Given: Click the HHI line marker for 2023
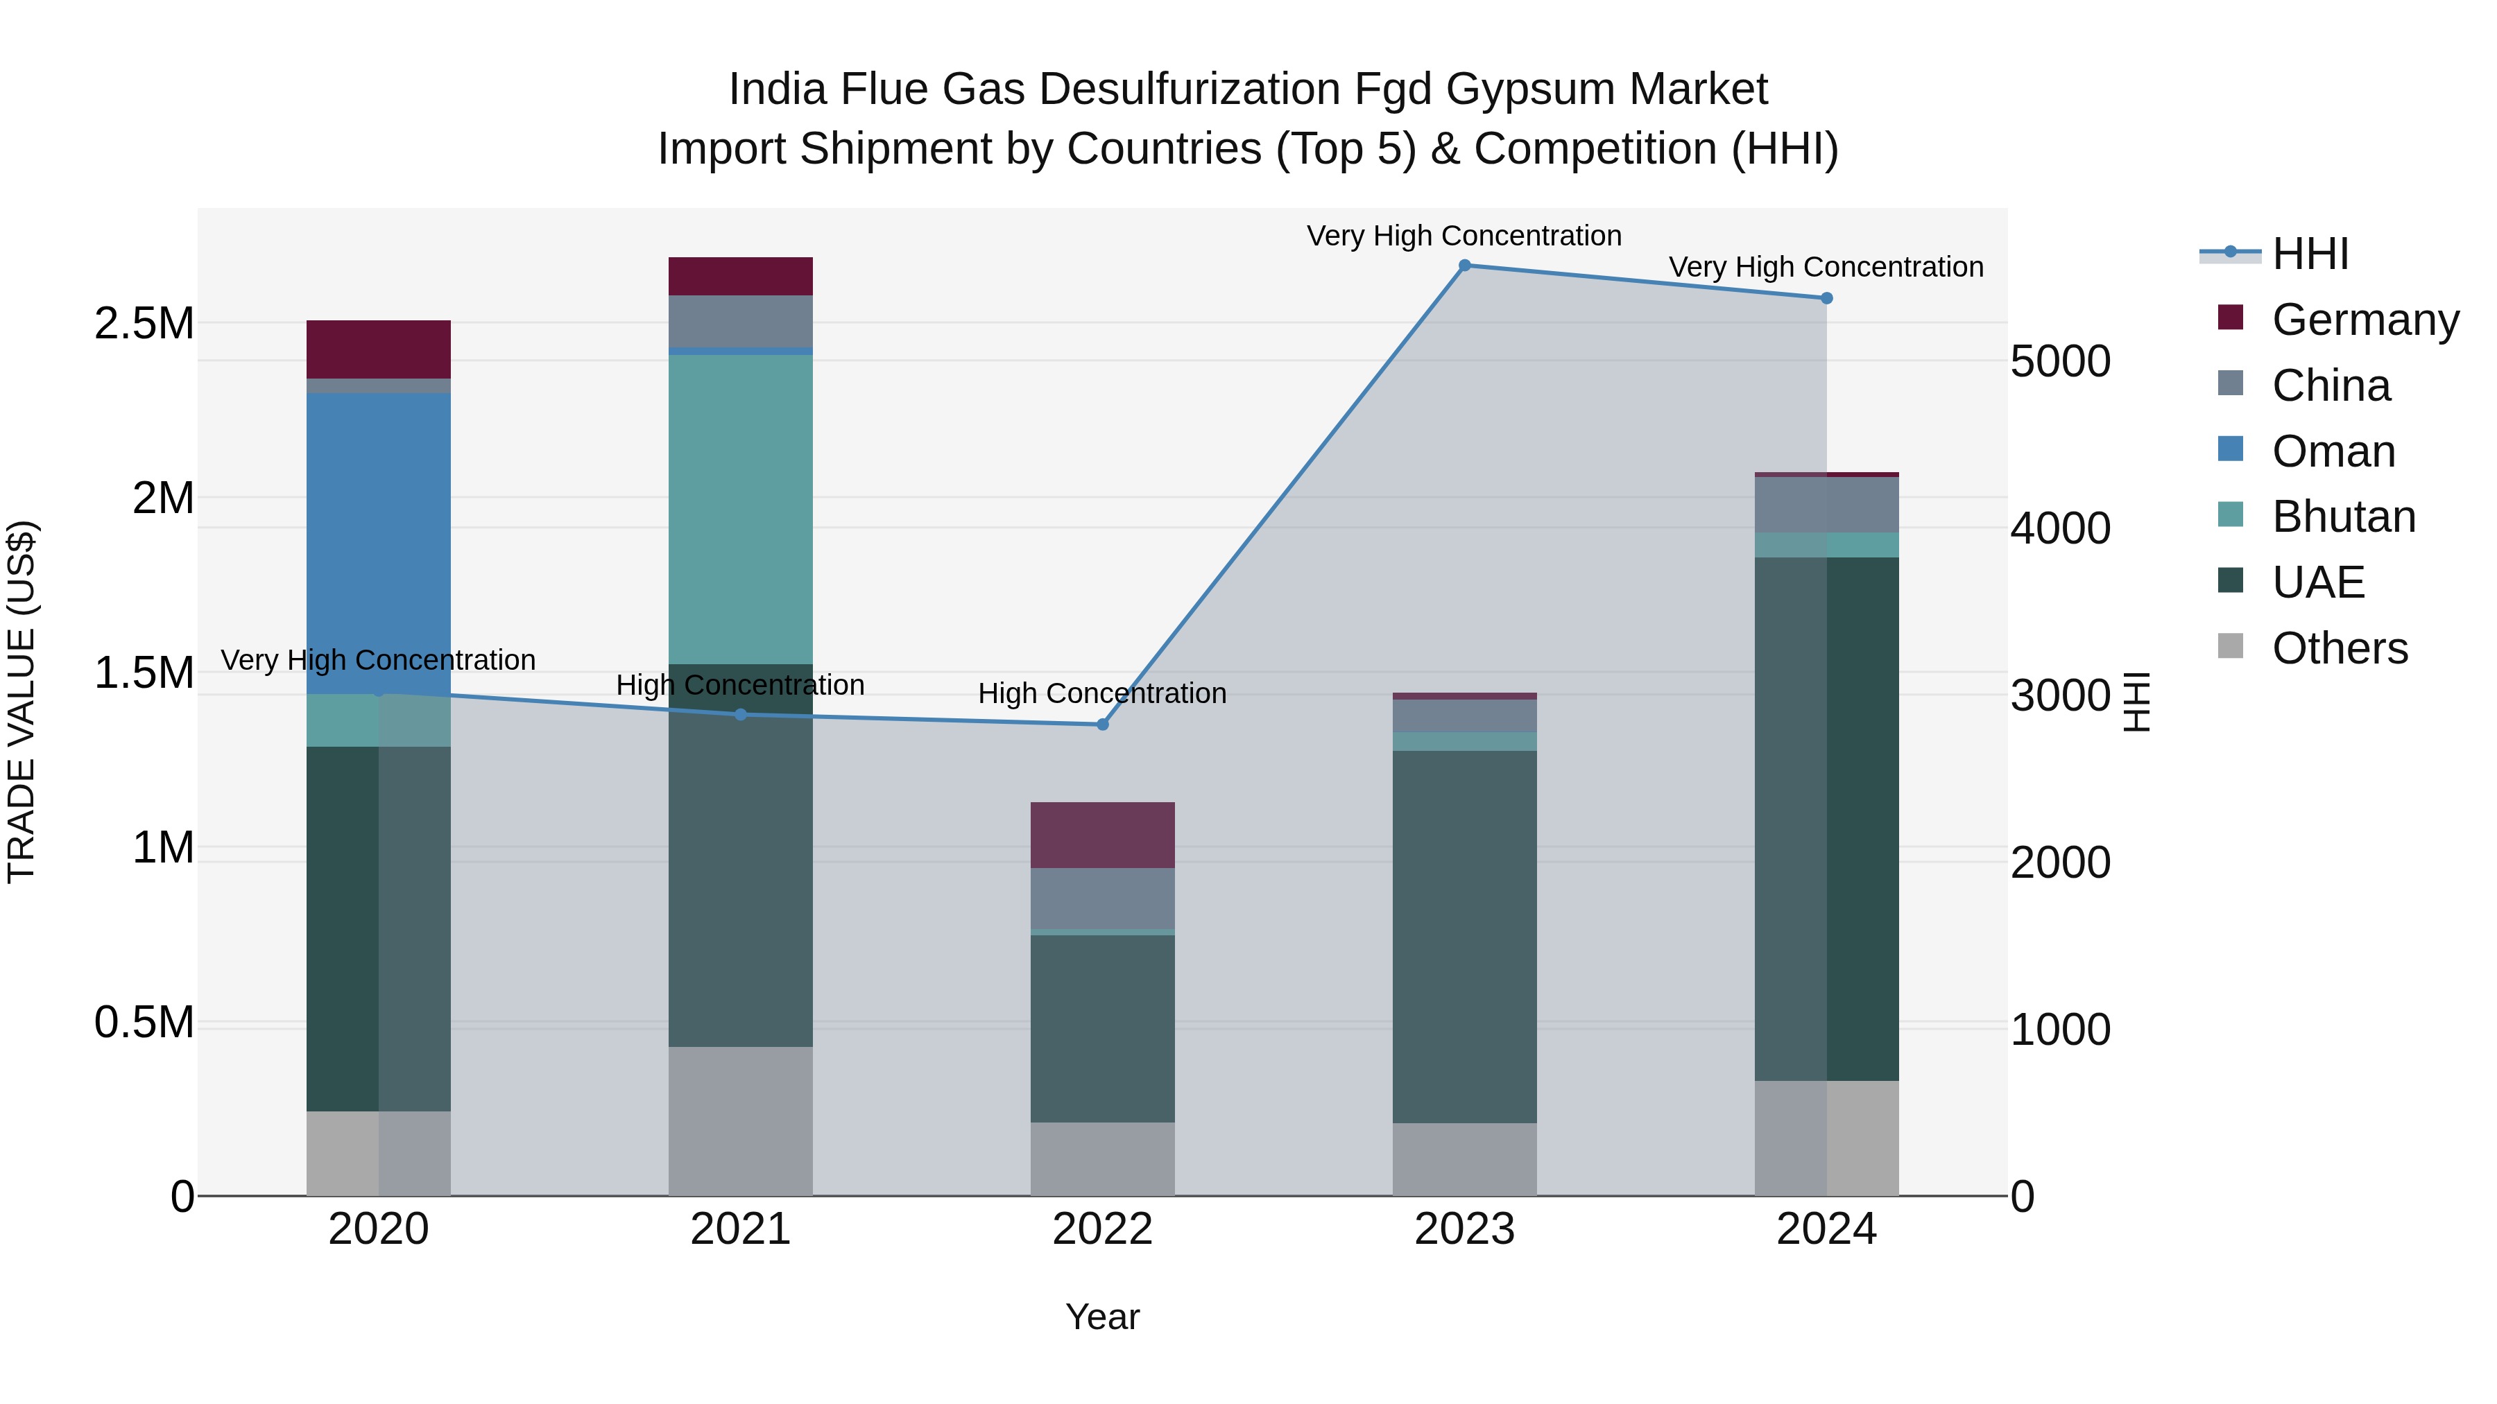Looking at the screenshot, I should point(1465,266).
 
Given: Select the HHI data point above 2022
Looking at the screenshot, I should point(1102,725).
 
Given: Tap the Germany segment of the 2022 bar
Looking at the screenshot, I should point(1102,835).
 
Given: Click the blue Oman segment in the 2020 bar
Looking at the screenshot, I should point(378,543).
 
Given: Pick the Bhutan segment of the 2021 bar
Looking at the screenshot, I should point(741,509).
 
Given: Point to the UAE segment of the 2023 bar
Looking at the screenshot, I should point(1465,936).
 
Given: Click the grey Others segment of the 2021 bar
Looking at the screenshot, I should point(741,1120).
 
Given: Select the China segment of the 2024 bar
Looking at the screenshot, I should point(1826,505).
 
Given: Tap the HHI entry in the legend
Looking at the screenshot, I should point(2309,254).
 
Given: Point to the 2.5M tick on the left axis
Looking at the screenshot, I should point(144,324).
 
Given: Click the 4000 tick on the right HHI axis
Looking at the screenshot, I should point(2060,529).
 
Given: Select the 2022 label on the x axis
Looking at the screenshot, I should point(1102,1229).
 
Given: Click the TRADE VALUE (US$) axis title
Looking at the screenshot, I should point(22,702).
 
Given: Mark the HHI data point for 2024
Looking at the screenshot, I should point(1826,298).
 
